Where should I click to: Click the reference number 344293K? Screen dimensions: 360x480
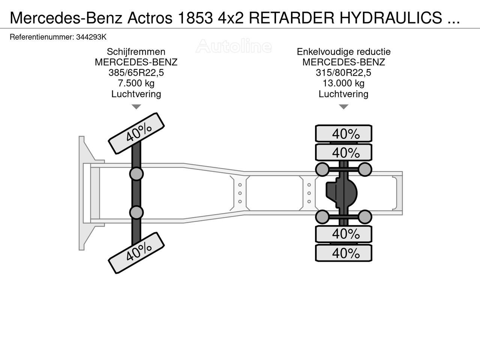(91, 37)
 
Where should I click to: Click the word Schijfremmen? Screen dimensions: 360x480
(136, 52)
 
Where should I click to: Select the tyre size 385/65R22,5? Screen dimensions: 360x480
(136, 73)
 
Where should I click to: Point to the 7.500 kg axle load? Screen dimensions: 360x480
(136, 83)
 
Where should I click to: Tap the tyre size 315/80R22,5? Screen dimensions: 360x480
(343, 73)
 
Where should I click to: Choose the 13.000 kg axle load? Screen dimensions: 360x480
(343, 83)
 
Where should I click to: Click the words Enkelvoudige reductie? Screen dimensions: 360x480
(343, 52)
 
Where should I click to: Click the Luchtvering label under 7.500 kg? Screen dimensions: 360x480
(136, 94)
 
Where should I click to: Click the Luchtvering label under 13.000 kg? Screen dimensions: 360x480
(343, 94)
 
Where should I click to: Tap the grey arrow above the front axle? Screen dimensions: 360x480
(136, 107)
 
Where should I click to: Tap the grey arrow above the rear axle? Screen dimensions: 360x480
(343, 107)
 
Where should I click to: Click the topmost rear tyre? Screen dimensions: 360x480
(343, 133)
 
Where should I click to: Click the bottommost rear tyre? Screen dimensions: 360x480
(343, 253)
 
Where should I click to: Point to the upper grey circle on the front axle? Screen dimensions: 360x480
(136, 174)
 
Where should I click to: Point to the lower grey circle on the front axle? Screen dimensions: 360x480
(136, 213)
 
